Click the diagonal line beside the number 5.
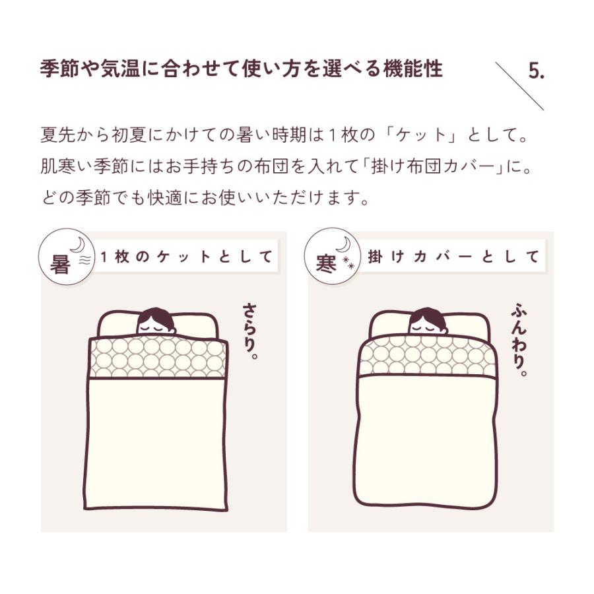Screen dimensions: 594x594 pos(519,86)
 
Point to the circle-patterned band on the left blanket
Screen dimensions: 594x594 pos(158,358)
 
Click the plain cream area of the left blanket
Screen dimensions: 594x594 pos(159,442)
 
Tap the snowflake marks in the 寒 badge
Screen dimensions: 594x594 pos(347,265)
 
